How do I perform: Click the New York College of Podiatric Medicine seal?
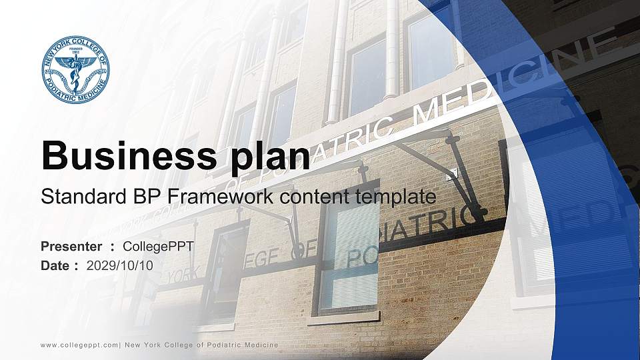click(75, 70)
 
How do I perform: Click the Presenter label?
click(71, 246)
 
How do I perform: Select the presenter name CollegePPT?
click(159, 246)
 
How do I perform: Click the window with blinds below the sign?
click(348, 257)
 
